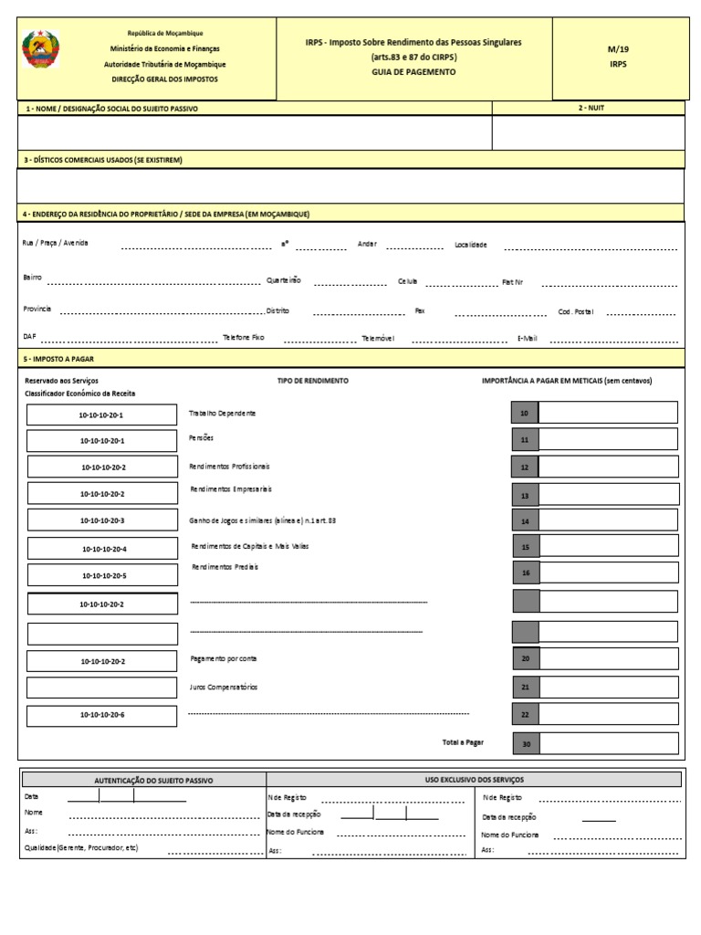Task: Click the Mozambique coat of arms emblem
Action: [x=41, y=49]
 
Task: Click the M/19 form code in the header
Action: [x=618, y=50]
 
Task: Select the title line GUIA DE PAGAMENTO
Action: [x=413, y=71]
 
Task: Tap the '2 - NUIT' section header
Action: [x=591, y=108]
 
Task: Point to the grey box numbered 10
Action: [x=525, y=414]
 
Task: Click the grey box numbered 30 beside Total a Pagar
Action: [x=526, y=744]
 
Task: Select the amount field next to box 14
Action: [x=609, y=521]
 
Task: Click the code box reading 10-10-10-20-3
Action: [x=102, y=520]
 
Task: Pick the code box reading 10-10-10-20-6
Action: [x=102, y=716]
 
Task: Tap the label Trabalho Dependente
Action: [x=222, y=414]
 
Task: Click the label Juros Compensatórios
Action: [x=224, y=687]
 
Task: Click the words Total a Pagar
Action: [x=463, y=742]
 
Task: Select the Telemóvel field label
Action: [x=378, y=338]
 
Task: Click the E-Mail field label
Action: [x=528, y=338]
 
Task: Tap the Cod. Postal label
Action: [x=575, y=311]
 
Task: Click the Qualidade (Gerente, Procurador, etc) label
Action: [x=81, y=848]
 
